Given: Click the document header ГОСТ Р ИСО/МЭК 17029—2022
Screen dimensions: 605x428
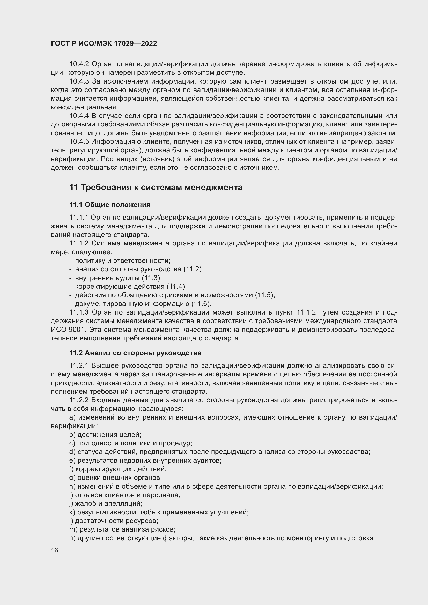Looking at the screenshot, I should click(x=104, y=43).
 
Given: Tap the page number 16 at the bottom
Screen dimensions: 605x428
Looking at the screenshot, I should click(x=55, y=550).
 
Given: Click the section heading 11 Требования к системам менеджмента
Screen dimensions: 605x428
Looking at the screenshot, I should click(x=156, y=187).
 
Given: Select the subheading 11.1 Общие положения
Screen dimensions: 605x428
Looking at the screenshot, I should click(x=110, y=205).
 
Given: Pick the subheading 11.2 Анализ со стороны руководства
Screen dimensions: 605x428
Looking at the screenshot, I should click(x=135, y=353).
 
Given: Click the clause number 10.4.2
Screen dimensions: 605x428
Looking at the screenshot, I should click(x=79, y=64).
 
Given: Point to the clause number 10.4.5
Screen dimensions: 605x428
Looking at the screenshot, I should click(x=79, y=142).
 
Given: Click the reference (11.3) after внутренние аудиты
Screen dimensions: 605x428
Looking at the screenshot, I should click(x=152, y=278).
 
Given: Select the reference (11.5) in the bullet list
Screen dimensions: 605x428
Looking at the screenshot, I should click(x=265, y=295).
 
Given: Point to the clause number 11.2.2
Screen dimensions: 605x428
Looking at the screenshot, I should click(x=79, y=400).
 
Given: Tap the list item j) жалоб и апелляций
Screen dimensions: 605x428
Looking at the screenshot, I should click(x=106, y=504).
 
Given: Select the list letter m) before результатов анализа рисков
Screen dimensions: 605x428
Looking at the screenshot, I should click(x=73, y=529).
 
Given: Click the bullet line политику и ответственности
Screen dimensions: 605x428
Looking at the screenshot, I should click(x=123, y=261).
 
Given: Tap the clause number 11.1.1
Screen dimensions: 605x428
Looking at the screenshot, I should click(x=79, y=218).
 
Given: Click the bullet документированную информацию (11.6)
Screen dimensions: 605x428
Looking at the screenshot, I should click(x=143, y=304).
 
